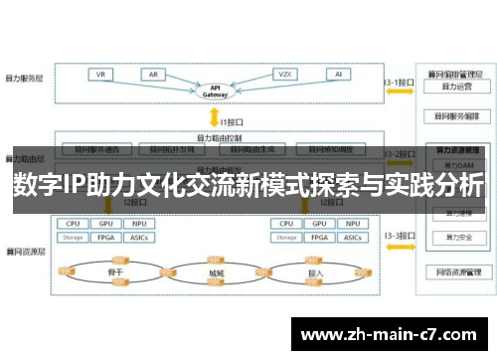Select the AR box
click(155, 75)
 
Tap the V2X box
click(285, 75)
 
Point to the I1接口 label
click(233, 121)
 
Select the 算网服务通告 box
click(90, 149)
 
